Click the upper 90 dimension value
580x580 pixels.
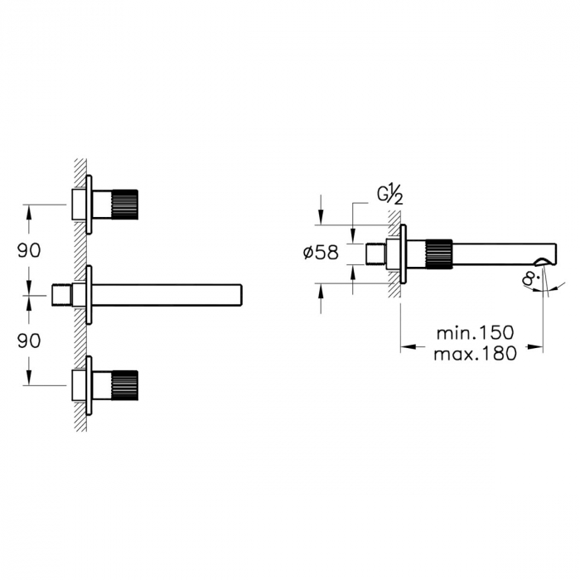point(30,249)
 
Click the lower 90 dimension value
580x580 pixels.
point(30,340)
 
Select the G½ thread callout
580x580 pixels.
point(390,196)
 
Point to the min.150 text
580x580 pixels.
point(476,332)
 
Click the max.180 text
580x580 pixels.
point(476,354)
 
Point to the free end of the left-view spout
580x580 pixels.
point(239,295)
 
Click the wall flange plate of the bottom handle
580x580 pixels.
point(89,383)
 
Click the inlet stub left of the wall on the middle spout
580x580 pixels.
point(63,295)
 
